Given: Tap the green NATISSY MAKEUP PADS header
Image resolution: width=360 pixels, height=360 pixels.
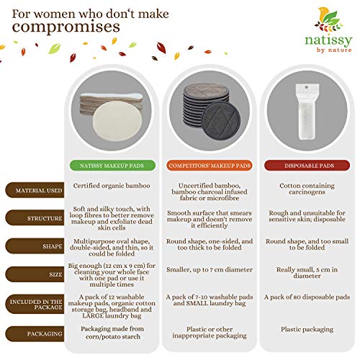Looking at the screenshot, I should tap(118, 165).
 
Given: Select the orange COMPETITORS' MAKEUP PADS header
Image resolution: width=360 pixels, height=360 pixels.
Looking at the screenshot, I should tap(210, 165).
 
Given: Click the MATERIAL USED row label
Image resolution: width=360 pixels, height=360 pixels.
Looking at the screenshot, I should tap(35, 190).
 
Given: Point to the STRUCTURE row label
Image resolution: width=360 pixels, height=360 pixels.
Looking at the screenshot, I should tap(35, 218).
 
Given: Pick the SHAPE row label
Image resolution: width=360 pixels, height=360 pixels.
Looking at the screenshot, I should tap(35, 247).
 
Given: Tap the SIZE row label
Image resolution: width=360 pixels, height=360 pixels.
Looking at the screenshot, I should tap(35, 275).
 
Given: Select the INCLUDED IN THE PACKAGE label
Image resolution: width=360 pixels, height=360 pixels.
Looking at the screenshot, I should tap(35, 304).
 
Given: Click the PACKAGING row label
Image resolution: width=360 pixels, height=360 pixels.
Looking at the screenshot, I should tap(35, 334).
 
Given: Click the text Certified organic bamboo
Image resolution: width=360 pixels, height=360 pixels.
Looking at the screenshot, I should tap(118, 186).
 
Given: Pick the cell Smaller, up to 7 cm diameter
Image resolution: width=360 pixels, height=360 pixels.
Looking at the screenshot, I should tap(210, 274).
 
